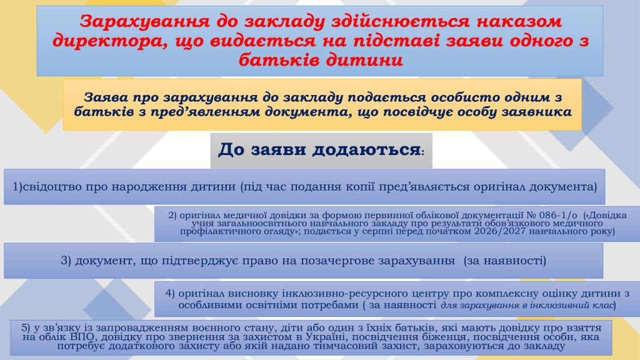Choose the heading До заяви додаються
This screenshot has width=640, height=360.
(320, 150)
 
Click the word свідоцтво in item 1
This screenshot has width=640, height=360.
(52, 187)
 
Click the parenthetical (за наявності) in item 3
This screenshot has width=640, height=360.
(505, 261)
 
